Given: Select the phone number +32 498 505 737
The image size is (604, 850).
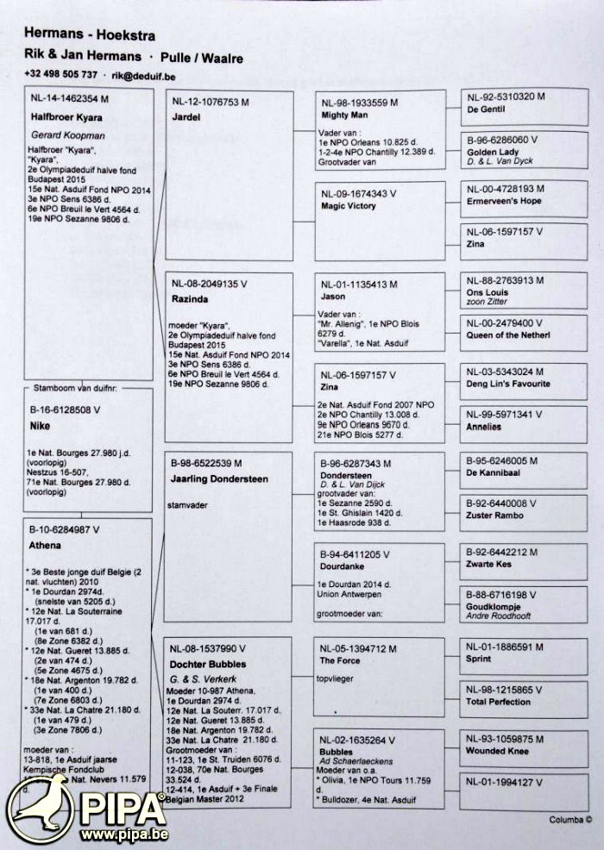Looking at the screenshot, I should pyautogui.click(x=60, y=76).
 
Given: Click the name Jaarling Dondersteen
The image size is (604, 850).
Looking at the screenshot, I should pyautogui.click(x=220, y=478).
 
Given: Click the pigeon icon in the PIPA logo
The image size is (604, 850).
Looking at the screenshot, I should pyautogui.click(x=41, y=807).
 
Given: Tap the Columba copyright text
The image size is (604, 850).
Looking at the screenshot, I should pyautogui.click(x=570, y=820).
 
